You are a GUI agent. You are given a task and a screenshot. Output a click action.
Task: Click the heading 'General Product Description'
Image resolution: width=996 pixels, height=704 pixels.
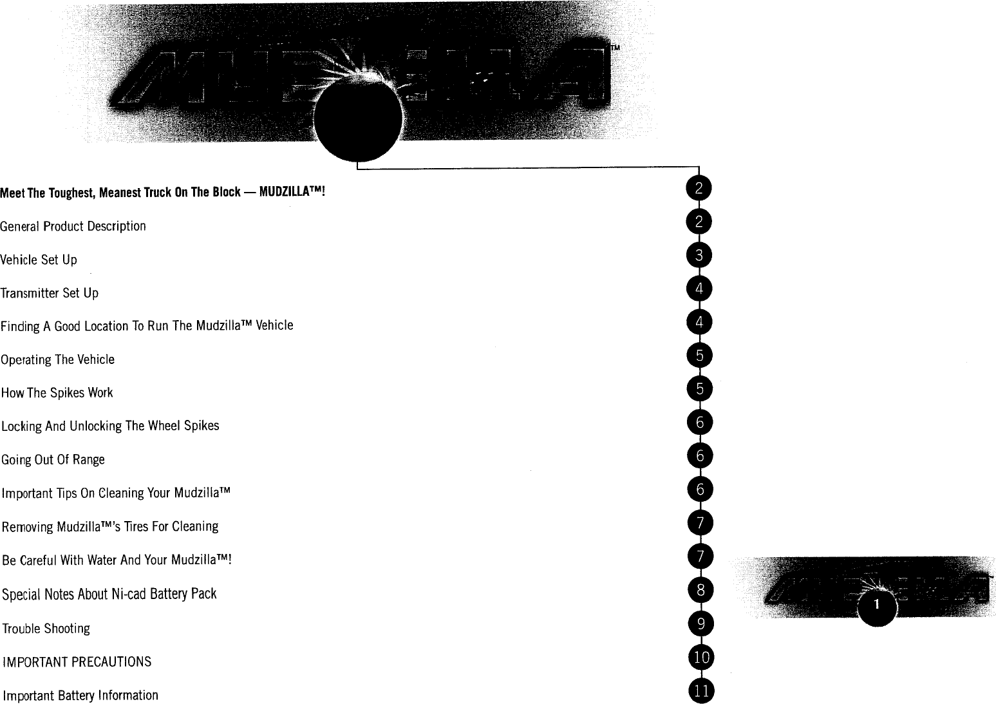73,226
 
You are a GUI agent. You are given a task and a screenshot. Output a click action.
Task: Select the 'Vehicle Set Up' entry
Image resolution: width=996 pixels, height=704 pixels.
39,260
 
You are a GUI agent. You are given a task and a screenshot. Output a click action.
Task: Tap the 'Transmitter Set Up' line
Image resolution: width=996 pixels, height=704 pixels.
50,293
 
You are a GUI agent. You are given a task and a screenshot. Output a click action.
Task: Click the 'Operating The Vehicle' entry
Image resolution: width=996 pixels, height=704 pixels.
57,359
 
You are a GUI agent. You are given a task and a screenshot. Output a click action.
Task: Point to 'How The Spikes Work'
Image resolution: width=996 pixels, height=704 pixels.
57,393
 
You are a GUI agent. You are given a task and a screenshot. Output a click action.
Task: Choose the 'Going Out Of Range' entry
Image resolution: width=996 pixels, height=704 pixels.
53,459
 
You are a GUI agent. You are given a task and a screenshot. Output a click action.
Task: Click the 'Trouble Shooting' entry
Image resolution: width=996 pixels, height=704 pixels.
46,629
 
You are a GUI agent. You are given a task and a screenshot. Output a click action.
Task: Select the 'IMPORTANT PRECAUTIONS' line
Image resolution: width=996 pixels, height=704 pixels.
77,661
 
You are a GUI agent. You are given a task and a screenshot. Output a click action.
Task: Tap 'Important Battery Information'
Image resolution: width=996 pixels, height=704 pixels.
80,696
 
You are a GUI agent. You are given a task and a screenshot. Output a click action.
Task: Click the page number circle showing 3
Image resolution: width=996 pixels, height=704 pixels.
699,256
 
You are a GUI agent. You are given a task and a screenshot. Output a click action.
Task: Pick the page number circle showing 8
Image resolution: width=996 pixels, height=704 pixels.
700,589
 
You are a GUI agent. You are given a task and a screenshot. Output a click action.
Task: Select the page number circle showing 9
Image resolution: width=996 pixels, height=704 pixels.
700,623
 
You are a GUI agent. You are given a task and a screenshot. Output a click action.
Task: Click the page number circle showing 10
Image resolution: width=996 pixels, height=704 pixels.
701,657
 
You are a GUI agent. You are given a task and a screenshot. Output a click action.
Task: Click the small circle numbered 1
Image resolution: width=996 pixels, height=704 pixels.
878,605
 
